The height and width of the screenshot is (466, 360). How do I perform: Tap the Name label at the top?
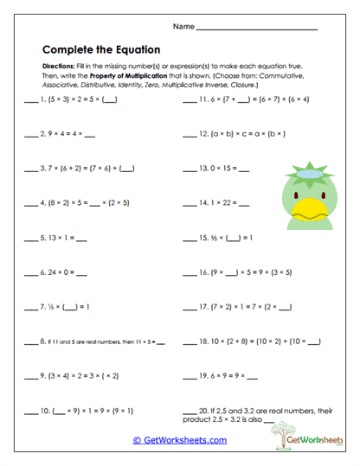coord(183,28)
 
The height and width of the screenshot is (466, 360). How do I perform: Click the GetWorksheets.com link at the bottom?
coord(180,439)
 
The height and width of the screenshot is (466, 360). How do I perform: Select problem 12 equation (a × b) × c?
coord(251,135)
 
